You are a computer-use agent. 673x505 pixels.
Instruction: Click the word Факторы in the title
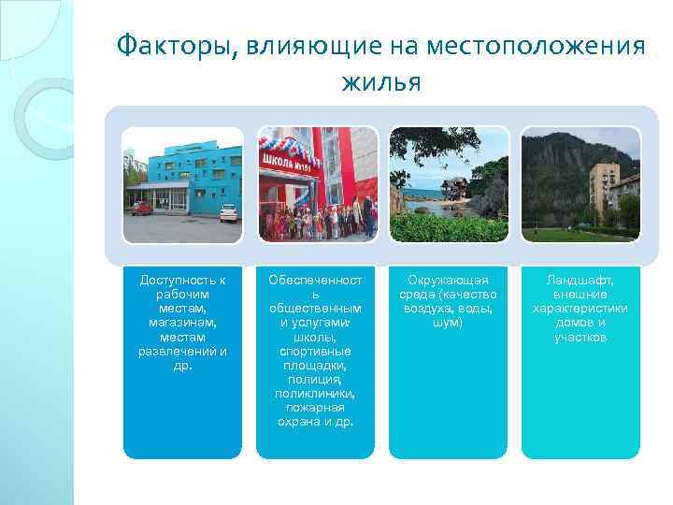177,47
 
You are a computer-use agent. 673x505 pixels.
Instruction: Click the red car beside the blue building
142,209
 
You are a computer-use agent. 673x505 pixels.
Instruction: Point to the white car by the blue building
229,212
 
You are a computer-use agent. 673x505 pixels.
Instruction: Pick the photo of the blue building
182,184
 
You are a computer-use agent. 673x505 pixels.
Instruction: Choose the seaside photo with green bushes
448,184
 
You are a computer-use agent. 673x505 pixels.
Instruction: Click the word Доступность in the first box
182,280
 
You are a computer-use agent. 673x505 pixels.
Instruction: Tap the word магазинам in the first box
182,323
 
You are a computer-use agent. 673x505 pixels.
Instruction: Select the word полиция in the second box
315,380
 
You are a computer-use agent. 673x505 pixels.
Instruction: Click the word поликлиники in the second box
315,394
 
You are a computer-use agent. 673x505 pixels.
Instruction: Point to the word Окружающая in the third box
448,280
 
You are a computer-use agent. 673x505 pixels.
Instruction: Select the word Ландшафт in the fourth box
580,280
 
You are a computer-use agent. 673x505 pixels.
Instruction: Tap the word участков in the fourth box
580,337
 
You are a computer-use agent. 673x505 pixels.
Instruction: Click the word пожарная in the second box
315,408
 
